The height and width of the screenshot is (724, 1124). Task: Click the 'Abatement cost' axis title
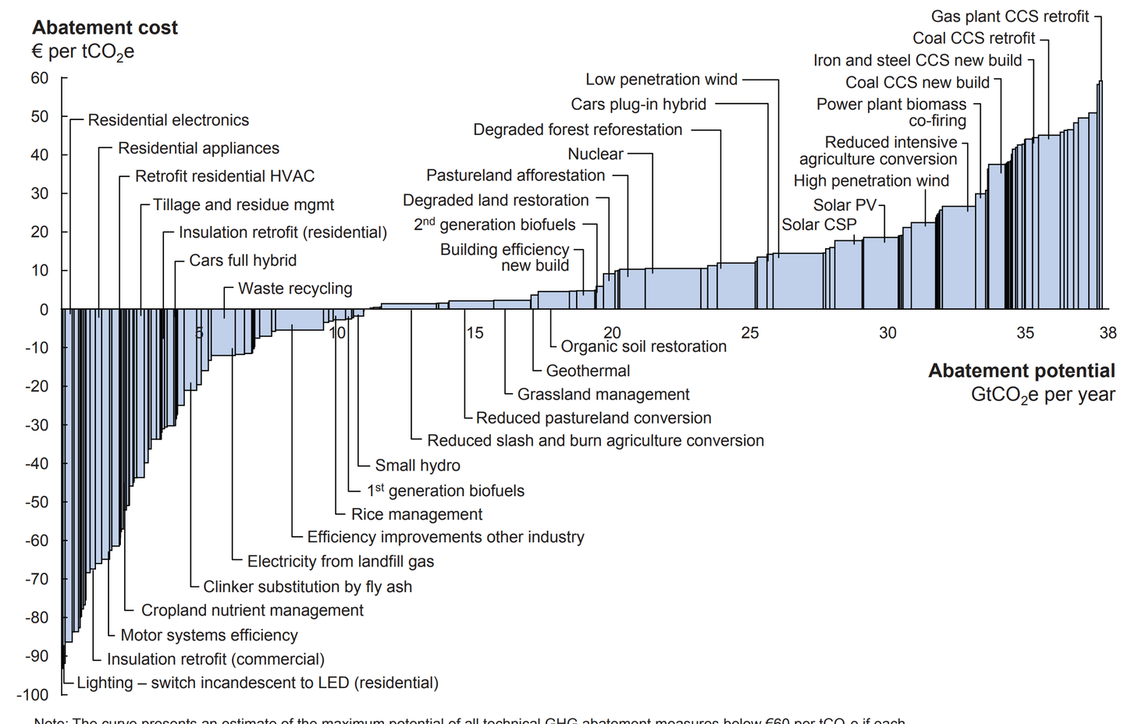click(x=105, y=28)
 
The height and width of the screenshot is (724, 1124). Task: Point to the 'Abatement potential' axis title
click(x=1021, y=371)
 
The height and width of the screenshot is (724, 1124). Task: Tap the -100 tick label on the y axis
click(x=32, y=694)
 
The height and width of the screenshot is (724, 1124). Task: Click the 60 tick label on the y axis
click(x=39, y=78)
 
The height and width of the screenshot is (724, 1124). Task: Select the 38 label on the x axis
click(x=1108, y=333)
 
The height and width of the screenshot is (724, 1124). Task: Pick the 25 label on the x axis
click(x=749, y=333)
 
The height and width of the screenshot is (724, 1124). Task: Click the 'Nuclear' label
click(x=596, y=154)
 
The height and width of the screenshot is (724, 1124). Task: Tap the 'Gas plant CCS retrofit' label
click(x=1009, y=16)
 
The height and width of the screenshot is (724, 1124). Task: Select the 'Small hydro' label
click(x=418, y=466)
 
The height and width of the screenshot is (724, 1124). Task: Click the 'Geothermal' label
click(x=588, y=371)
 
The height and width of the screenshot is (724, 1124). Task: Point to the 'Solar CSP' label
click(x=819, y=225)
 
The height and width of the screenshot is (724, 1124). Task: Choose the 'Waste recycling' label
click(x=295, y=289)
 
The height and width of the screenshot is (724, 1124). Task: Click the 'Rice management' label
click(x=417, y=515)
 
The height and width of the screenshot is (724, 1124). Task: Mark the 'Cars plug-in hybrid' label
click(x=638, y=105)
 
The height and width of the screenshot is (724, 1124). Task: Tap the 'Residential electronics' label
click(x=169, y=120)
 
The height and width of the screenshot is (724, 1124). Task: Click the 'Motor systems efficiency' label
click(x=209, y=636)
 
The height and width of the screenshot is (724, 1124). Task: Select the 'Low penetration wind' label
click(x=661, y=80)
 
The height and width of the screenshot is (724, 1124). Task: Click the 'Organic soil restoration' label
click(x=643, y=346)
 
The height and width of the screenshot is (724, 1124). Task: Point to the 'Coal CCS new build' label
click(x=917, y=83)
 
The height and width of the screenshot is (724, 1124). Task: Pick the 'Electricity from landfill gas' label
click(x=340, y=562)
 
